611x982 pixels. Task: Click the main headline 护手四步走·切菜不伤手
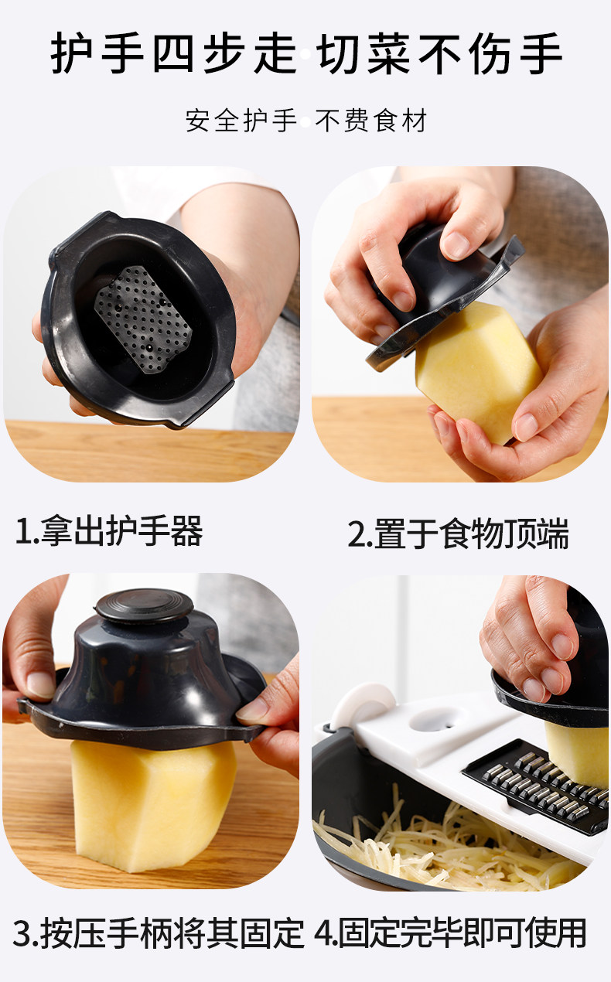pos(306,54)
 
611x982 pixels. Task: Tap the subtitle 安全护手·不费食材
pos(305,121)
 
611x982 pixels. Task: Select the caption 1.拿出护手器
pos(109,531)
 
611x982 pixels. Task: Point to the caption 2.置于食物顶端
pos(459,534)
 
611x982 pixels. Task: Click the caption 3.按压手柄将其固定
pos(159,933)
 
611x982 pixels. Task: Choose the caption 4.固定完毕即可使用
pos(450,933)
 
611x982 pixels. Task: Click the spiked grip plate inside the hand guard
pos(143,319)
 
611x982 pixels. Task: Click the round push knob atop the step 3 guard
pos(145,606)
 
